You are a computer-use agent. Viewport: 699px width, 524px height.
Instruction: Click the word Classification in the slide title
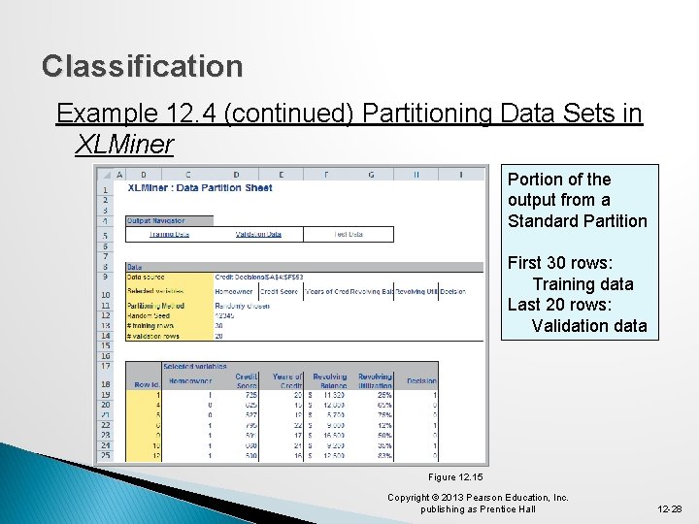[x=143, y=66]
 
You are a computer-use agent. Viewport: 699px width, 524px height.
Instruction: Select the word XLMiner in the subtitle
[x=123, y=146]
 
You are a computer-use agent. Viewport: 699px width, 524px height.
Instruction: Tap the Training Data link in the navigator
[x=169, y=234]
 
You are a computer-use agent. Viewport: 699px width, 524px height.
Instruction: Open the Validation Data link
[x=258, y=234]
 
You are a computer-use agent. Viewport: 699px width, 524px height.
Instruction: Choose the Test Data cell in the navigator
[x=348, y=234]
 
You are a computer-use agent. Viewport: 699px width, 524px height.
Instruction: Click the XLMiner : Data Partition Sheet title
[x=200, y=187]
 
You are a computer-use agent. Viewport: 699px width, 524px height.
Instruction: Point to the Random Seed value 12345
[x=225, y=315]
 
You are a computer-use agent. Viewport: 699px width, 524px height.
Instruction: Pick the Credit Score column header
[x=247, y=379]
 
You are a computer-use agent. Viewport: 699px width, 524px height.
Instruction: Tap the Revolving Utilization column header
[x=374, y=379]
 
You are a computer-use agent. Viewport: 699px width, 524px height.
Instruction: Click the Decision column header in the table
[x=421, y=383]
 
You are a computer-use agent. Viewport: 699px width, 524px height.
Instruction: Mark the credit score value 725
[x=250, y=395]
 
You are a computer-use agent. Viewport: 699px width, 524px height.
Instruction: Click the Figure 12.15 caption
[x=455, y=476]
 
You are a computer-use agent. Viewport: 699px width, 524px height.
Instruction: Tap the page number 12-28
[x=669, y=508]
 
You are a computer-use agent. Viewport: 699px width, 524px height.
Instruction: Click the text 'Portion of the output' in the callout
[x=559, y=189]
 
